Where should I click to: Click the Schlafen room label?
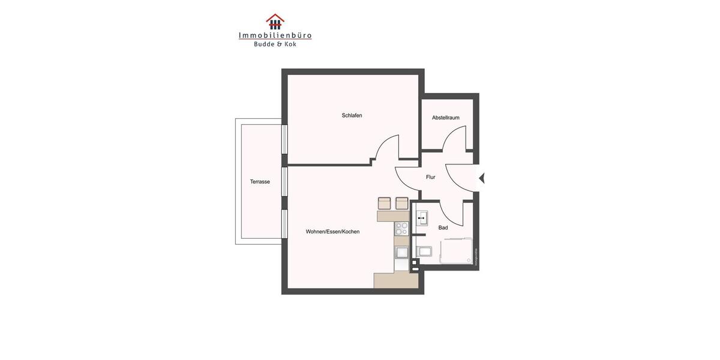click(352, 115)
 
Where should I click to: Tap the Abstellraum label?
click(446, 118)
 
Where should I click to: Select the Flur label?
click(431, 177)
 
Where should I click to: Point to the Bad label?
click(443, 227)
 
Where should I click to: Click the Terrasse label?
click(260, 181)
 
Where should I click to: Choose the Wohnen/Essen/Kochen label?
click(332, 231)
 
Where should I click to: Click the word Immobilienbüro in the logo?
click(275, 35)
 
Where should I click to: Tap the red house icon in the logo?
click(275, 22)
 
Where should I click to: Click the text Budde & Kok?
click(275, 44)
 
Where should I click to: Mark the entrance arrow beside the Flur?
click(481, 178)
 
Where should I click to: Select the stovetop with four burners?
click(401, 228)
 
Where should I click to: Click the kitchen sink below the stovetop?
click(401, 253)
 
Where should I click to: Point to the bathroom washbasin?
click(423, 218)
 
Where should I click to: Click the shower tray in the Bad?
click(457, 252)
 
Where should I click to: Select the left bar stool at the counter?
click(385, 203)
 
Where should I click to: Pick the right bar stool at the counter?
click(402, 203)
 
